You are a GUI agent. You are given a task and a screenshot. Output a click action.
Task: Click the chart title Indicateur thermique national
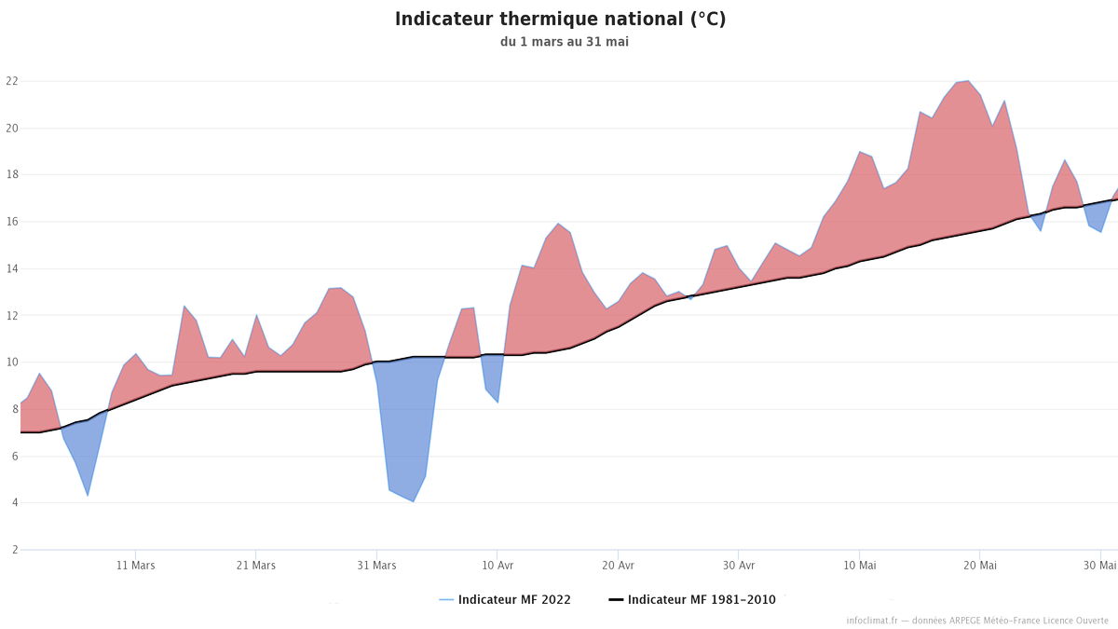coord(560,20)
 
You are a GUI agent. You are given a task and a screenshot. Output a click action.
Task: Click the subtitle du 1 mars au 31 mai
coord(557,42)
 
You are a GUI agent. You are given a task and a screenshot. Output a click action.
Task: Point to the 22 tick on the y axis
coord(11,81)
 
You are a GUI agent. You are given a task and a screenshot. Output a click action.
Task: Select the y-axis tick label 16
coord(11,222)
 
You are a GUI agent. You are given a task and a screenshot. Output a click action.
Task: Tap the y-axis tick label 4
coord(14,503)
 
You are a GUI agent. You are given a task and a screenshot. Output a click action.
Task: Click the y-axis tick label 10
coord(11,362)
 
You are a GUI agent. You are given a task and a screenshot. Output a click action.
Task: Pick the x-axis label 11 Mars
coord(136,566)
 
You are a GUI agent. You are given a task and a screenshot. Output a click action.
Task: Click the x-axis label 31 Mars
coord(376,566)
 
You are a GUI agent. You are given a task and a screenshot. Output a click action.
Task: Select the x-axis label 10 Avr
coord(498,566)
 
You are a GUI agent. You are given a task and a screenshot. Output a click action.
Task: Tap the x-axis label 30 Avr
coord(739,566)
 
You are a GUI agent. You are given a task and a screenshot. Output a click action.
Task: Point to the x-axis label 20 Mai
coord(980,566)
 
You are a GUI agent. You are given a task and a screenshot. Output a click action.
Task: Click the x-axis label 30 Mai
coord(1100,566)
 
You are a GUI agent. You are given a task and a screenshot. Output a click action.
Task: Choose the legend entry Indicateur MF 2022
coord(505,600)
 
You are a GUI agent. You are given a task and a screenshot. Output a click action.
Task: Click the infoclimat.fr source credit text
coord(977,621)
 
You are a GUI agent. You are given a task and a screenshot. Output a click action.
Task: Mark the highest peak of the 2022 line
coord(968,81)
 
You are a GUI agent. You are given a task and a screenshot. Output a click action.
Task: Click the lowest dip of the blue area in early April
coord(413,501)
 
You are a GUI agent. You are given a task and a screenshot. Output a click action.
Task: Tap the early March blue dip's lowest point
coord(88,495)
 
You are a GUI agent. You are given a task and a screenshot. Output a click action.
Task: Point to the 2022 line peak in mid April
coord(558,224)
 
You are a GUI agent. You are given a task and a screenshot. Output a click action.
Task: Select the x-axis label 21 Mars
coord(256,566)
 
